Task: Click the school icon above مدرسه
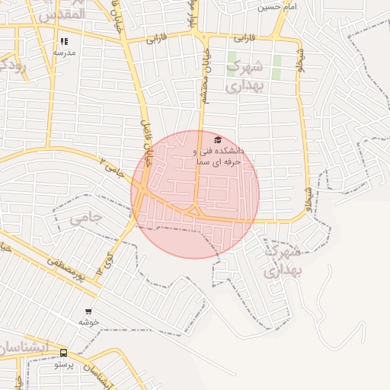65,42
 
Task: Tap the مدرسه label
65,53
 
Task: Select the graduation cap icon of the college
218,140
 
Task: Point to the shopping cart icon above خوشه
89,312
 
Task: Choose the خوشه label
89,322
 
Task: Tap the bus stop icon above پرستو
63,353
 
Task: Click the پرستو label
63,364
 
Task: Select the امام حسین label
276,7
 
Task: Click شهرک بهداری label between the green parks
245,75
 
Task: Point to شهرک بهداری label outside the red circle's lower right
283,261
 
